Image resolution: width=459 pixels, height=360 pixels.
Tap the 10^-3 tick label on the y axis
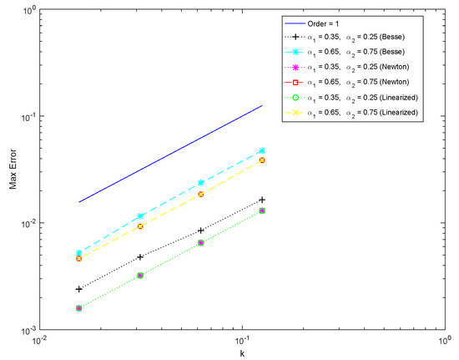point(24,331)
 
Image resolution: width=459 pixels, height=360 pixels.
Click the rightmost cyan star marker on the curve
point(262,151)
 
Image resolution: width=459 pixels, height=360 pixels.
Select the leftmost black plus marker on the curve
point(79,289)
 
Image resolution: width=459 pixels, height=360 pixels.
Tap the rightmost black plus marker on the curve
point(262,200)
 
